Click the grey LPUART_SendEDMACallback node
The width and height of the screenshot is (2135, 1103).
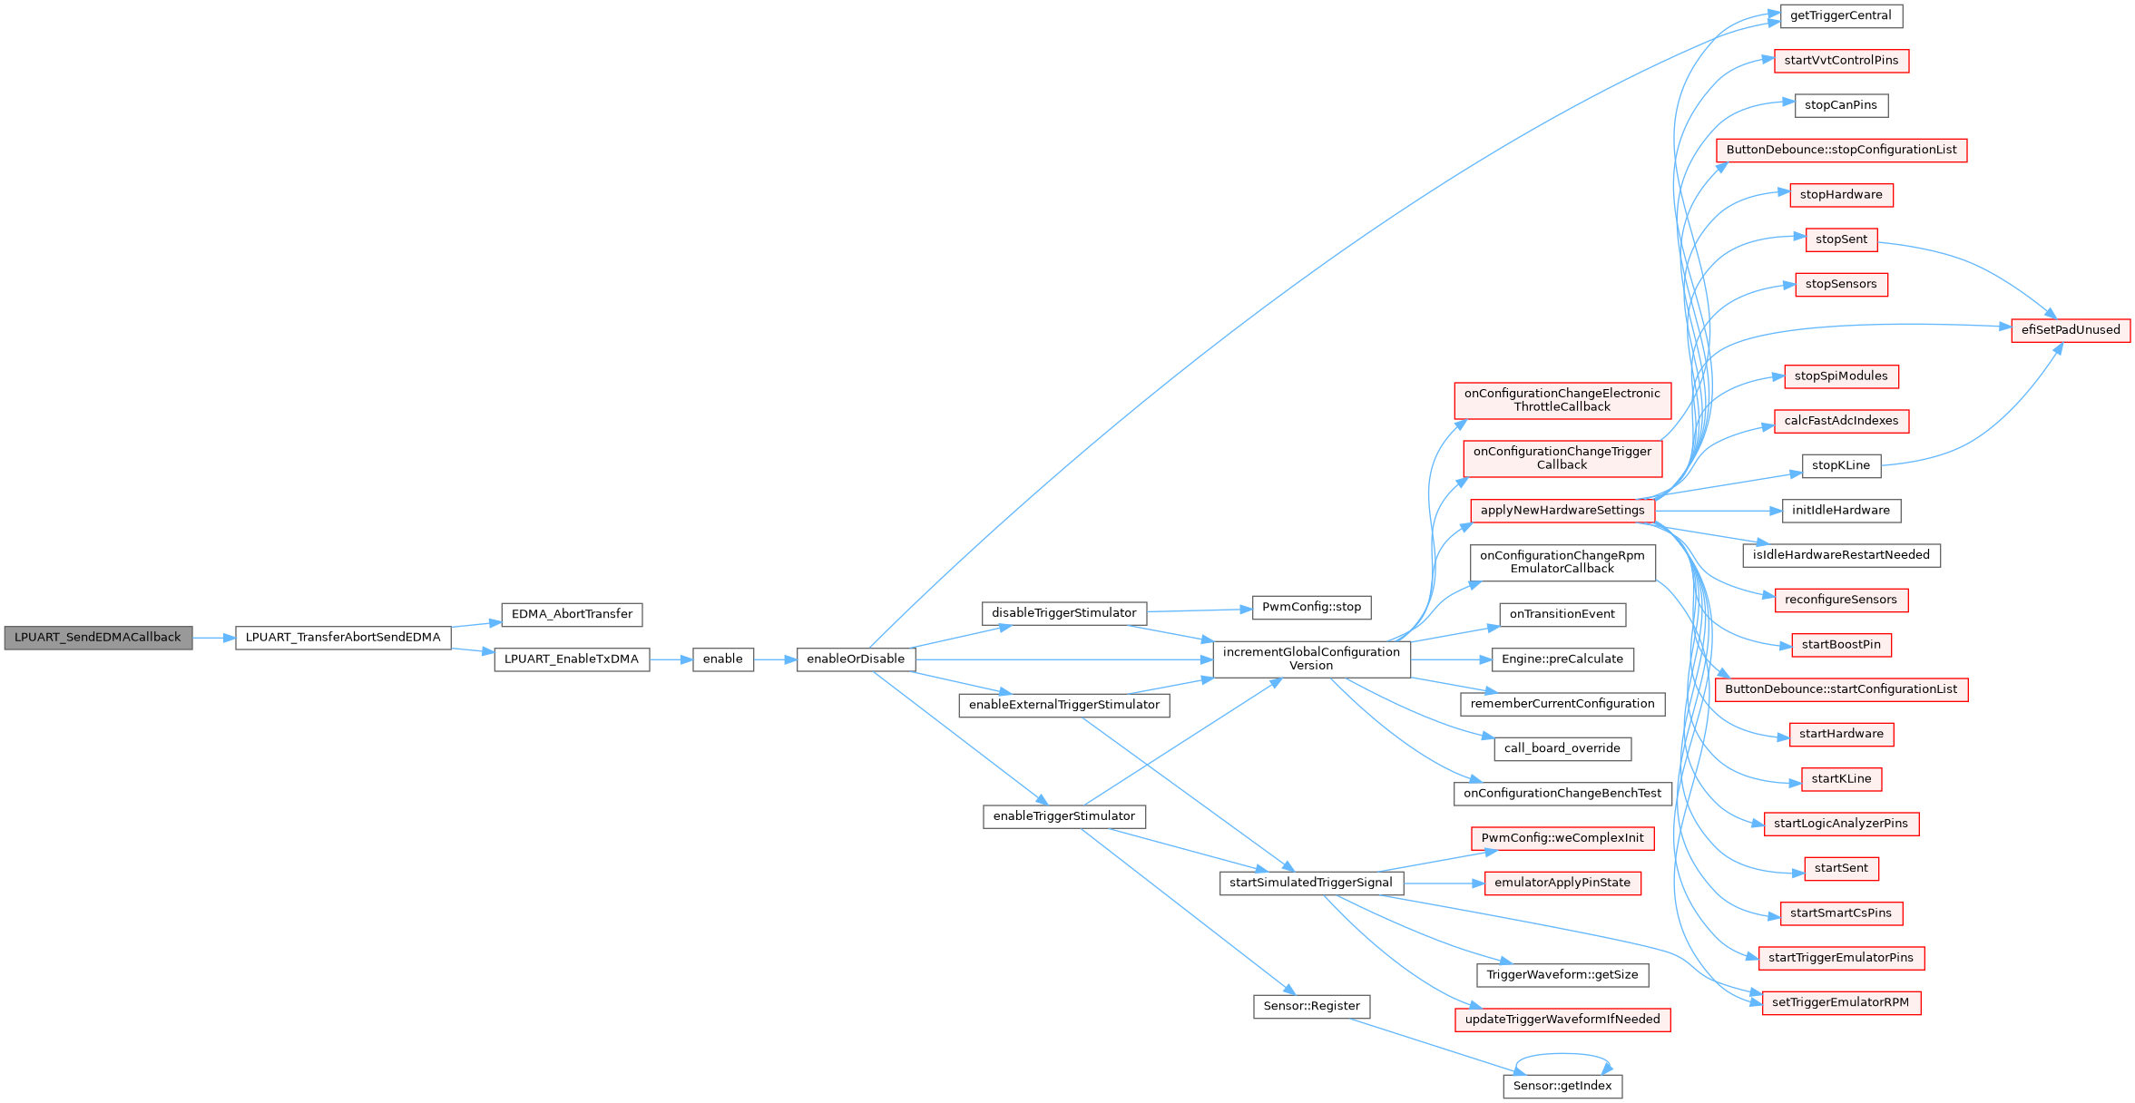[x=98, y=638]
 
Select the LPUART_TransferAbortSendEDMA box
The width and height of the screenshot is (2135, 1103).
[x=343, y=638]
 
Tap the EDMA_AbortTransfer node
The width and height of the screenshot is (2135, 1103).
[x=572, y=614]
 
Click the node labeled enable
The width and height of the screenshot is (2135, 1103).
[x=722, y=659]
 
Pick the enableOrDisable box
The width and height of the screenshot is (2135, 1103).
[x=856, y=659]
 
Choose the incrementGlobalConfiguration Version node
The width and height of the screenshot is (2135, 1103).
[x=1311, y=659]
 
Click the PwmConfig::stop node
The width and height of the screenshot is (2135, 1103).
[x=1311, y=607]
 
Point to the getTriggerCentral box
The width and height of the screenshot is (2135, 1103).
[x=1840, y=15]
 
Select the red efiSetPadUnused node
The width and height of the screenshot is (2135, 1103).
[x=2070, y=330]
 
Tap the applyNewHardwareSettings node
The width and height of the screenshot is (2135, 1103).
[x=1562, y=511]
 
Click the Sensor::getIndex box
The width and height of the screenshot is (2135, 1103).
[x=1562, y=1086]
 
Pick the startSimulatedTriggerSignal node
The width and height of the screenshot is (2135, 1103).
[x=1310, y=883]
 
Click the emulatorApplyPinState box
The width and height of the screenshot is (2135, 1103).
[x=1562, y=883]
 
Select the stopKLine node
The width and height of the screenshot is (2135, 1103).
[x=1840, y=465]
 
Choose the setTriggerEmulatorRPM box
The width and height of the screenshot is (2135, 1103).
[x=1840, y=1002]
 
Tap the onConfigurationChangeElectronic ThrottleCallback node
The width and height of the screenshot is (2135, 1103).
[x=1562, y=400]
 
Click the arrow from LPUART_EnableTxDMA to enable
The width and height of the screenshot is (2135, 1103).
[x=671, y=659]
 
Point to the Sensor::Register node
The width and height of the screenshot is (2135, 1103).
[x=1311, y=1006]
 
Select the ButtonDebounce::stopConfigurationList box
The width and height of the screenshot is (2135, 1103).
[x=1841, y=150]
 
